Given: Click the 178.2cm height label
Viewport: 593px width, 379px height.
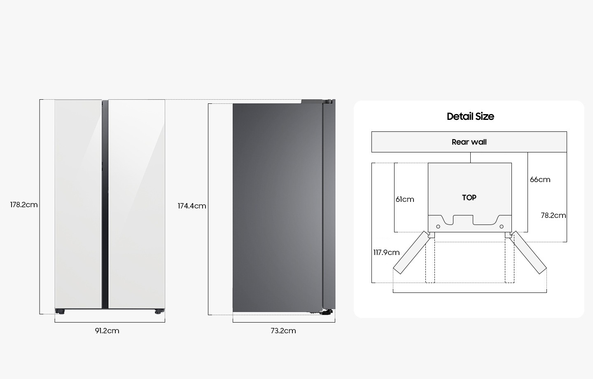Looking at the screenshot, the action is pos(24,205).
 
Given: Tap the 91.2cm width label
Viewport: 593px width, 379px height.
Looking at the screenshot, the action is pos(107,331).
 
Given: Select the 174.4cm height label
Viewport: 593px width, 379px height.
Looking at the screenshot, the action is pos(191,206).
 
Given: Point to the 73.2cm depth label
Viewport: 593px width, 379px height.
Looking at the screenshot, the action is pos(283,331).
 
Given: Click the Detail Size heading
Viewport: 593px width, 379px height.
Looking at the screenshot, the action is pos(470,117).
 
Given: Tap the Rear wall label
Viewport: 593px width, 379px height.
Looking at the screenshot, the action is pos(469,142).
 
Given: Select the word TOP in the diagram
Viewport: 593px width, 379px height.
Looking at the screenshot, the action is pos(469,198).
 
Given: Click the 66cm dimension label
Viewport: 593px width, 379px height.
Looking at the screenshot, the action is pos(540,180).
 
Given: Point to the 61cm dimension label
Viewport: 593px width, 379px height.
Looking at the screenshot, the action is pos(405,199).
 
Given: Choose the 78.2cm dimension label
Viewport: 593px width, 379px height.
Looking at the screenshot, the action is pos(553,215).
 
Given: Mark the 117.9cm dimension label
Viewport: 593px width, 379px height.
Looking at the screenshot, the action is pos(386,253).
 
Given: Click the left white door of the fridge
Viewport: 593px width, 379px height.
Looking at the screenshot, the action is pos(78,204).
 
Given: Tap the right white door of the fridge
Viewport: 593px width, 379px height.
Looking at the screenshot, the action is pos(137,204).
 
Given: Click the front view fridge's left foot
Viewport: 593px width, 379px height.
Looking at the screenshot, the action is pos(60,311).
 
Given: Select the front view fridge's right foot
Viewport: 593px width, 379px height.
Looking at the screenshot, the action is pos(159,311).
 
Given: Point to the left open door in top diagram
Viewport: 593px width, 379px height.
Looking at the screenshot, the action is pos(411,253).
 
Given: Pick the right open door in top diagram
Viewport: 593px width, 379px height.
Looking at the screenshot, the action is pos(528,253).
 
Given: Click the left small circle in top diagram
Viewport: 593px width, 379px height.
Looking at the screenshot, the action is pos(438,227).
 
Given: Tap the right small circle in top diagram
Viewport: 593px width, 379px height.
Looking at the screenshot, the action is pos(502,227).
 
